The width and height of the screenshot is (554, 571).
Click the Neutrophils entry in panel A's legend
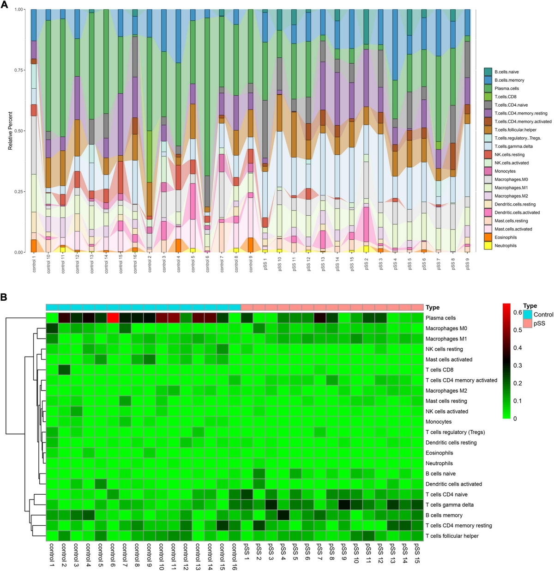pyautogui.click(x=506, y=246)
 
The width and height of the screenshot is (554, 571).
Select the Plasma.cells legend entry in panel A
pyautogui.click(x=506, y=88)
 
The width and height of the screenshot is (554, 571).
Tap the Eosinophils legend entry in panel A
pyautogui.click(x=506, y=237)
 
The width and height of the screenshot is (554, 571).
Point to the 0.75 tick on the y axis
pyautogui.click(x=18, y=70)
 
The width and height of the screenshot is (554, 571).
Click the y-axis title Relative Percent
pyautogui.click(x=10, y=130)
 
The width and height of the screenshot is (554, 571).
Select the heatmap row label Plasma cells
pyautogui.click(x=440, y=318)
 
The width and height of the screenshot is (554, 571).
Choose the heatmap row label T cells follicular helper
pyautogui.click(x=452, y=536)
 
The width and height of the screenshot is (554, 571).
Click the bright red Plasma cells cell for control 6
pyautogui.click(x=113, y=318)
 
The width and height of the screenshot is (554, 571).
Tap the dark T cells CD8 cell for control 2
pyautogui.click(x=64, y=370)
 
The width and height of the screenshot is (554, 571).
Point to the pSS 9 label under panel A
pyautogui.click(x=468, y=264)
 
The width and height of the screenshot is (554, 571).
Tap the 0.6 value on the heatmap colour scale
pyautogui.click(x=518, y=312)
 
